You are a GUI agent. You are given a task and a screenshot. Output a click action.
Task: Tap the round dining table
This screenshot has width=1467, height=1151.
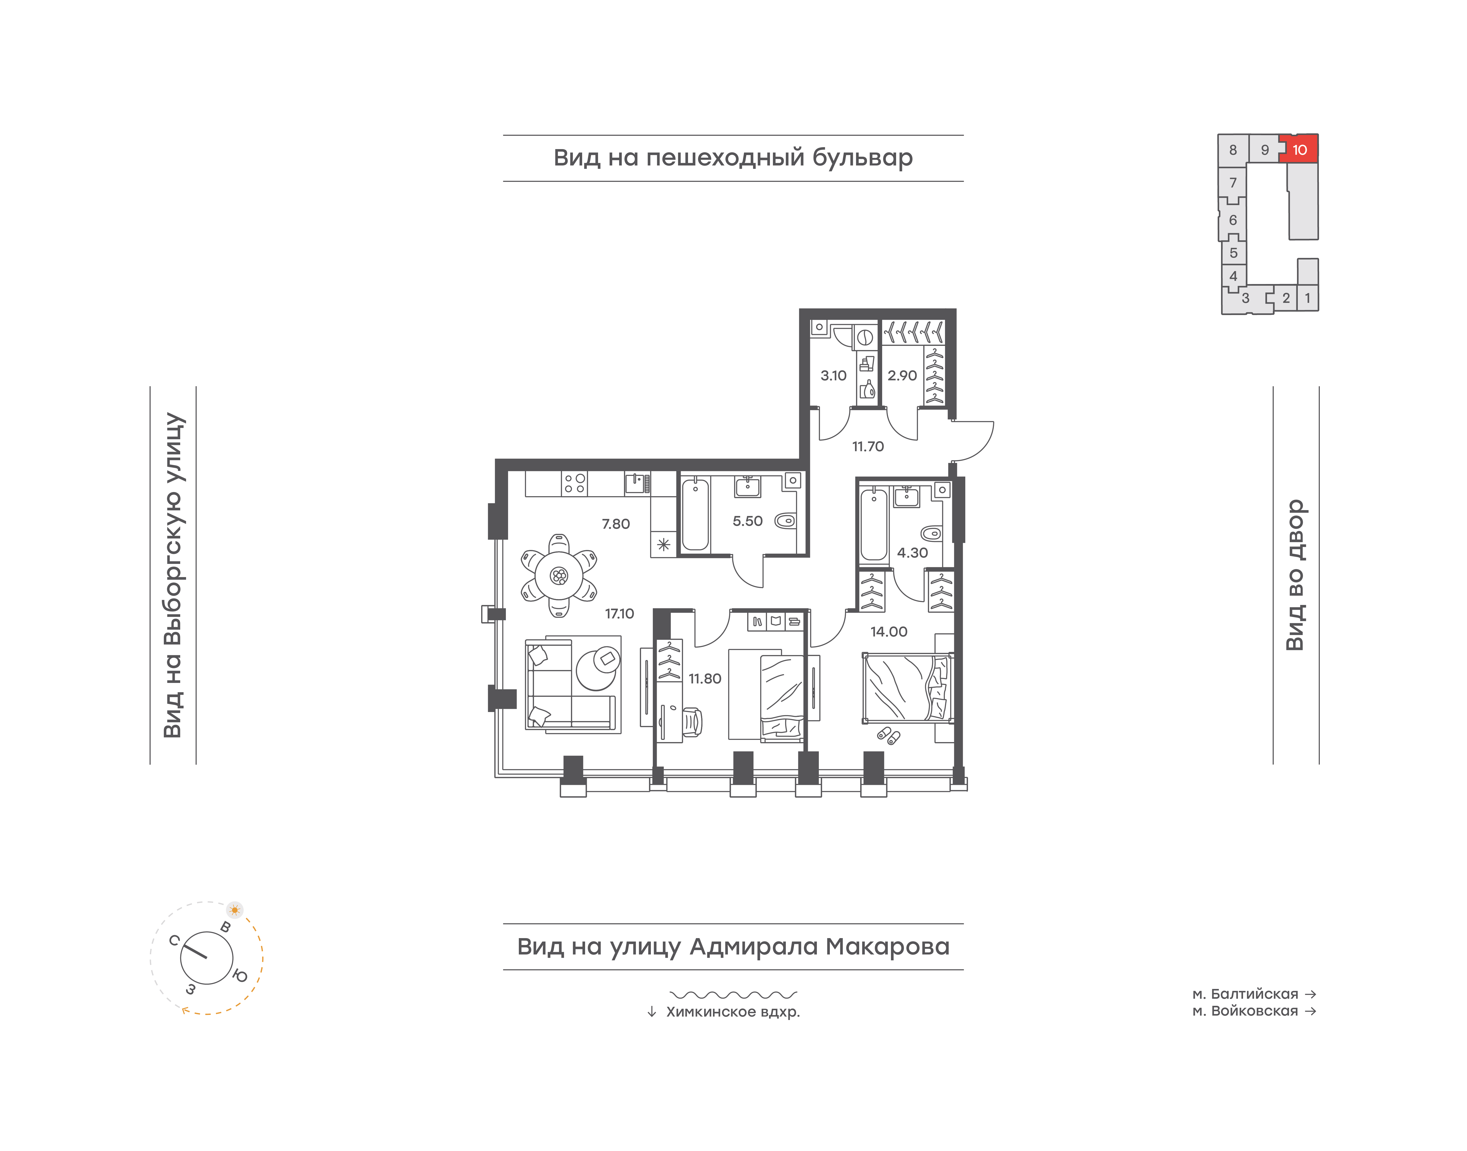click(559, 575)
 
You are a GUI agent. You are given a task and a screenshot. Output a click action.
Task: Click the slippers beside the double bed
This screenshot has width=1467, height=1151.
click(888, 735)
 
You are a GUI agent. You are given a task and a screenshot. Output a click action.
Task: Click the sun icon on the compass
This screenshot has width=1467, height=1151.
click(235, 910)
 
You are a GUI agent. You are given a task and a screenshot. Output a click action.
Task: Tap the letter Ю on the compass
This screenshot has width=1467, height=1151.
click(240, 975)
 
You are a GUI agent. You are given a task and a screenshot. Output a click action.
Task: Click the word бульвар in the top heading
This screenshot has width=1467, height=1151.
click(862, 158)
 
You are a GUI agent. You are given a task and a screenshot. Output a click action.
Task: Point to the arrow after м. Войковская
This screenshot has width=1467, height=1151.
click(1311, 1011)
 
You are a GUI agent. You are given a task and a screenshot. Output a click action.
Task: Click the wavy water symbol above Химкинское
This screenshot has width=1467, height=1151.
click(733, 994)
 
